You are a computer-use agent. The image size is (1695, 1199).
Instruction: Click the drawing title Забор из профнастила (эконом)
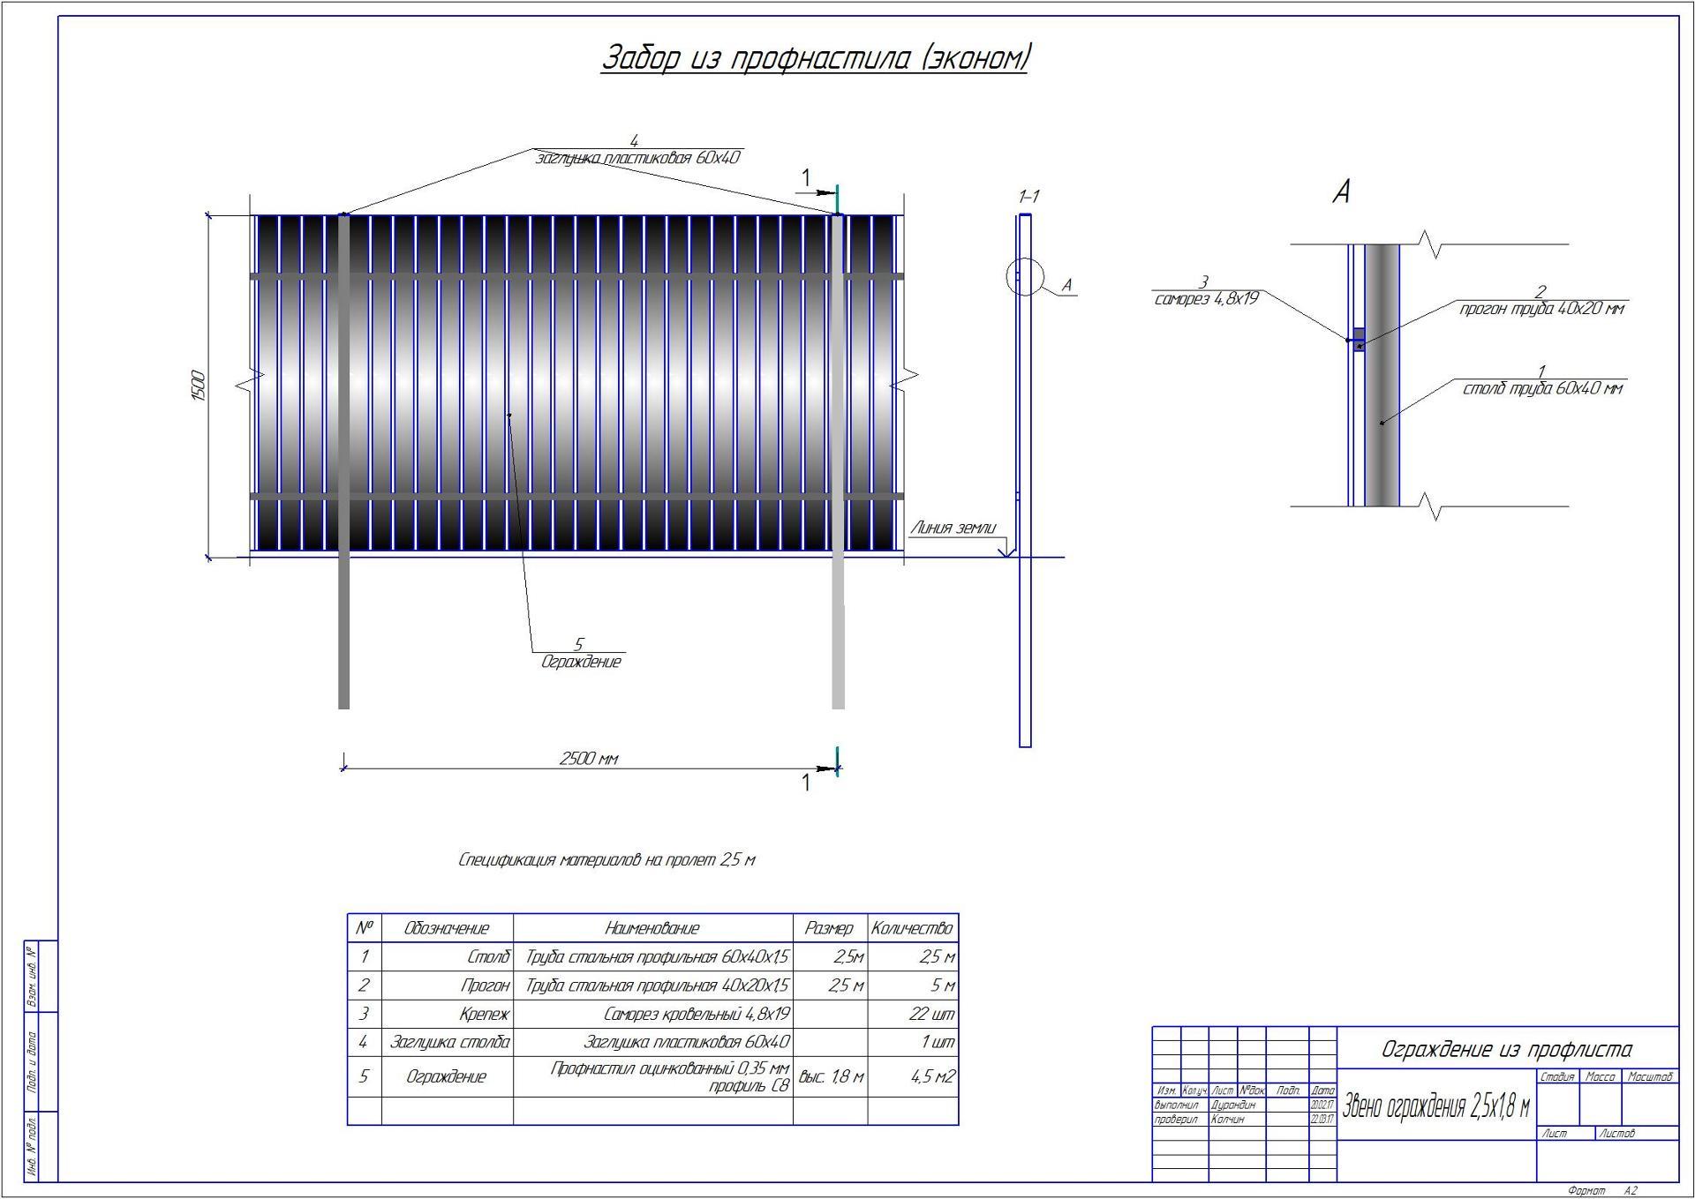(x=814, y=58)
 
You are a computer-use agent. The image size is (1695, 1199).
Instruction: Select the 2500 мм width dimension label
(x=589, y=759)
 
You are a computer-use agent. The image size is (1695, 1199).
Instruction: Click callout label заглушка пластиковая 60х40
(x=637, y=158)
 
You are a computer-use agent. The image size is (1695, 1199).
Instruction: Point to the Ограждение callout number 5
(x=578, y=645)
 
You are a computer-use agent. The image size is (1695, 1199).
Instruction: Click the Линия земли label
(x=953, y=528)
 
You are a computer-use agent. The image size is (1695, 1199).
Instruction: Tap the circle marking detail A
(x=1024, y=277)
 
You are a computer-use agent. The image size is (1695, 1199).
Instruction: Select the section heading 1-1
(x=1028, y=196)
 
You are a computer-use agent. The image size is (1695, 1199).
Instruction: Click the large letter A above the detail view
(x=1341, y=191)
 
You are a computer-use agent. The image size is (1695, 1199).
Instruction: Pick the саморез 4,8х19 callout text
(x=1206, y=299)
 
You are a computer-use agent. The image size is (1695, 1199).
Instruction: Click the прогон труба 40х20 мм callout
(x=1541, y=309)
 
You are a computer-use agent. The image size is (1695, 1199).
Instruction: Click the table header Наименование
(x=652, y=928)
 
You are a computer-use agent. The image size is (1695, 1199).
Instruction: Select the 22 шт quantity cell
(x=931, y=1014)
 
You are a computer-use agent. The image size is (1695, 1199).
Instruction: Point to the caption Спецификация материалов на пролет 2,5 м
(x=606, y=860)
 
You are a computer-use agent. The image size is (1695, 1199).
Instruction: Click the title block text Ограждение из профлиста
(x=1506, y=1050)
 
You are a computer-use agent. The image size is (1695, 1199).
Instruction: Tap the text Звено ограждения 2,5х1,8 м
(x=1435, y=1106)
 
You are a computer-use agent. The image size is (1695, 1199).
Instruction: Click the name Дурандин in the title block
(x=1232, y=1105)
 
